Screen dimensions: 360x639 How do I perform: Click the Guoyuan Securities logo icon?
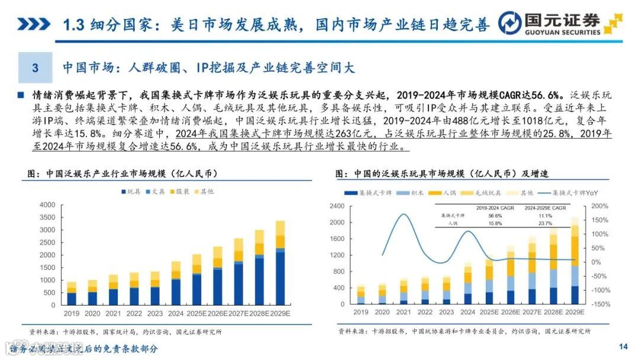[509, 24]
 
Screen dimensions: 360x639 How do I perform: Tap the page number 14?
[622, 346]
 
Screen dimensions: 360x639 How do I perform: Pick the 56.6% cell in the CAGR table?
[488, 216]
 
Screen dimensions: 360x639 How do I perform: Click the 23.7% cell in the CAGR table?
[544, 223]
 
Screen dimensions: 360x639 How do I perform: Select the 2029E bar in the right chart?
[575, 261]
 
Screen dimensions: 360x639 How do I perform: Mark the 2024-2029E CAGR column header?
[544, 208]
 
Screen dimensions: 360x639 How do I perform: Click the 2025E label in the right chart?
[489, 312]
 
